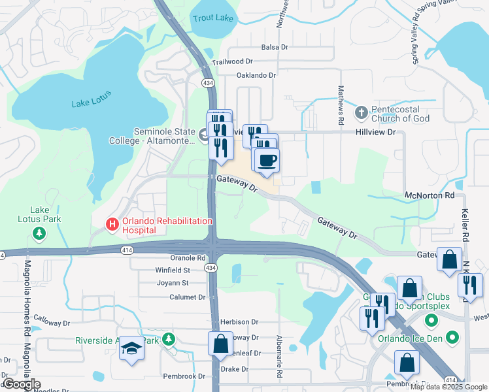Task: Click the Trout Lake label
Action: point(213,18)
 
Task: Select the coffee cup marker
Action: point(266,160)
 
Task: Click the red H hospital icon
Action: point(112,225)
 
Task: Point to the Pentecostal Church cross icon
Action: point(361,114)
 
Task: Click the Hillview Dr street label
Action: point(375,131)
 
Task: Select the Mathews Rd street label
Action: point(341,105)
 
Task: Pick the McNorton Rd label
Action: point(429,195)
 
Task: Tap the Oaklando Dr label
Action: point(256,75)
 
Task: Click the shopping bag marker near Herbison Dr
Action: point(220,342)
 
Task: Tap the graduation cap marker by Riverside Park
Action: point(131,350)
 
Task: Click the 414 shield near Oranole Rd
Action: point(127,250)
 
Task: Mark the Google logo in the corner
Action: point(21,384)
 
